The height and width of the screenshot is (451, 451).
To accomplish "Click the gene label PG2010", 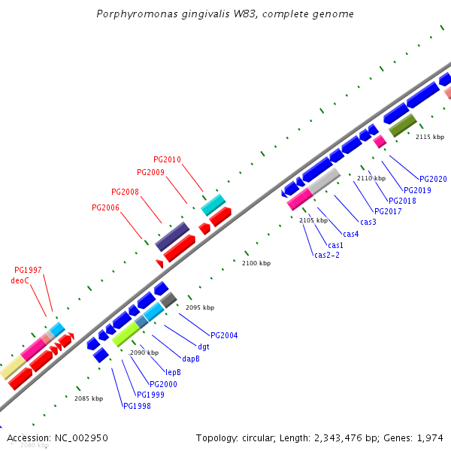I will (x=167, y=159).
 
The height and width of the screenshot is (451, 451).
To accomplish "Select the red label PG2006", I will (x=105, y=207).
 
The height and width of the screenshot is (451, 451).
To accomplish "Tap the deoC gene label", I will (x=20, y=280).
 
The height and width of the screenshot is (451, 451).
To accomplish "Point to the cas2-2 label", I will (x=327, y=255).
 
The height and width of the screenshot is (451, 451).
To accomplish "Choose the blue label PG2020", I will (x=433, y=179).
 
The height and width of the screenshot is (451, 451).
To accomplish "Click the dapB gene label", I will (x=191, y=359).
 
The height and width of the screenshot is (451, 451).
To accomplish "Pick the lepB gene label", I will (x=173, y=372).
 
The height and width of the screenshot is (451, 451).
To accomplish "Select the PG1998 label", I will (x=137, y=406).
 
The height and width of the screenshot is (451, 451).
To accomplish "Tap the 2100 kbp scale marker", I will (x=256, y=263).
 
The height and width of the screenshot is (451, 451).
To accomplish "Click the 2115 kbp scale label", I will (x=430, y=137).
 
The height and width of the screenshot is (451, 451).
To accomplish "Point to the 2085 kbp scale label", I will (x=88, y=398).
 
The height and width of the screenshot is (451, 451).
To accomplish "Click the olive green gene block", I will (x=402, y=125).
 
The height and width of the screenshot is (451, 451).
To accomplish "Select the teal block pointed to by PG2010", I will (x=213, y=204).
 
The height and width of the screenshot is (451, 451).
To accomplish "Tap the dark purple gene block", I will (x=172, y=236).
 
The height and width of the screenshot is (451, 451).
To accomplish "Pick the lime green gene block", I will (x=126, y=334).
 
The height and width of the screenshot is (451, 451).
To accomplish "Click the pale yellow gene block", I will (x=13, y=368).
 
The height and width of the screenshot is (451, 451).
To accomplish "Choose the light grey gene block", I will (x=325, y=180).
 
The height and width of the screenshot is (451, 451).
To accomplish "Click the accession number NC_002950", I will (x=81, y=437).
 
